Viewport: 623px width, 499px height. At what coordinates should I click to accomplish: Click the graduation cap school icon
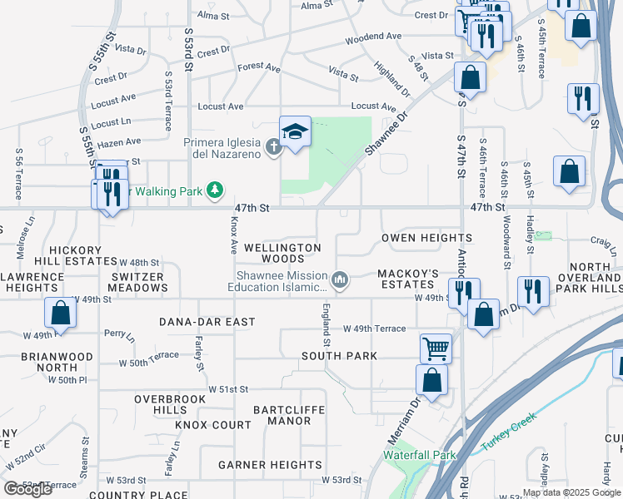[x=295, y=132]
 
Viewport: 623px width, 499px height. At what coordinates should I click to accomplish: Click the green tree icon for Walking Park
[x=215, y=190]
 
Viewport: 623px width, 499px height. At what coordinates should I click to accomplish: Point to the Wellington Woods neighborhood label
[x=282, y=254]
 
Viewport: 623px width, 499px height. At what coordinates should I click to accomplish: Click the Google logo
[x=28, y=489]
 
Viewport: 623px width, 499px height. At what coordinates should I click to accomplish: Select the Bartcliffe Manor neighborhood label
[x=287, y=415]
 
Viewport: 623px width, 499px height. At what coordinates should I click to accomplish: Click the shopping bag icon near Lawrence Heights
[x=60, y=313]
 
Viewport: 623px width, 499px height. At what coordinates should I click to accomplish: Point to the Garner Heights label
[x=271, y=465]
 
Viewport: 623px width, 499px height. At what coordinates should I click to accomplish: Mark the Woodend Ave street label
[x=373, y=37]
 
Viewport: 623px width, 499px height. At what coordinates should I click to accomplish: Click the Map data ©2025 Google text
[x=571, y=492]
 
